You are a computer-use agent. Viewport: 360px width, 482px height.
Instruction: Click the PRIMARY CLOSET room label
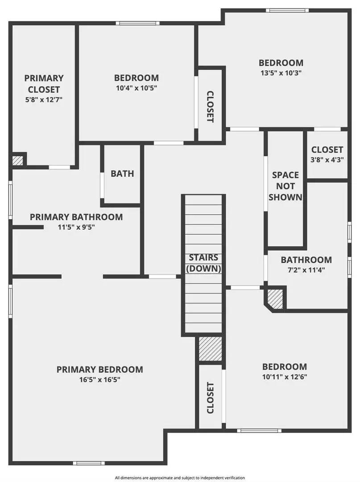point(44,83)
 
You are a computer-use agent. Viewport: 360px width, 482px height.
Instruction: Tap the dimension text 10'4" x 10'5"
point(136,88)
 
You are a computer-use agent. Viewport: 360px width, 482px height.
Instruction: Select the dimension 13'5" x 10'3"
point(281,73)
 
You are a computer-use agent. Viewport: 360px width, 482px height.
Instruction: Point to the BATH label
point(122,174)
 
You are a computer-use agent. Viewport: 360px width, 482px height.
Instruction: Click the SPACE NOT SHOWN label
point(286,186)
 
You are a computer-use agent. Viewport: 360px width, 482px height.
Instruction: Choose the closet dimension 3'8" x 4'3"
point(327,160)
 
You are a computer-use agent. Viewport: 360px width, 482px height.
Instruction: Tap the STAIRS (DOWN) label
point(203,263)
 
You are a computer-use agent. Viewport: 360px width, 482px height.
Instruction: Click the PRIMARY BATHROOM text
point(76,217)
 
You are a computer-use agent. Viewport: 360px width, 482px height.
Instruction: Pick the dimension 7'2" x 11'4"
point(306,270)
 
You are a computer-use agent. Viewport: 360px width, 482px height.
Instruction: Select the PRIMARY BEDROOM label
point(99,369)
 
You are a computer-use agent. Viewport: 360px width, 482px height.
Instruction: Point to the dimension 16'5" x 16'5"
point(99,380)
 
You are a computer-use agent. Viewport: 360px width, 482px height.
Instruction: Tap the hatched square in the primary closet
point(18,160)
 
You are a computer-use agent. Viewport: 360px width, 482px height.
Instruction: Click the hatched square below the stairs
point(210,349)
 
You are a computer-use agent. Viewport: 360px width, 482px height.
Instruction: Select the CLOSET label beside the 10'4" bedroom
point(210,107)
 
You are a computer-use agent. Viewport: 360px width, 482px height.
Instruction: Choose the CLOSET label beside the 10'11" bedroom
point(210,397)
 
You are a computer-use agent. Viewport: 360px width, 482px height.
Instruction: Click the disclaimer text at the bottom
point(180,478)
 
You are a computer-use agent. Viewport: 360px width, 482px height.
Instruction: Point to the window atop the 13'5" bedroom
point(287,10)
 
